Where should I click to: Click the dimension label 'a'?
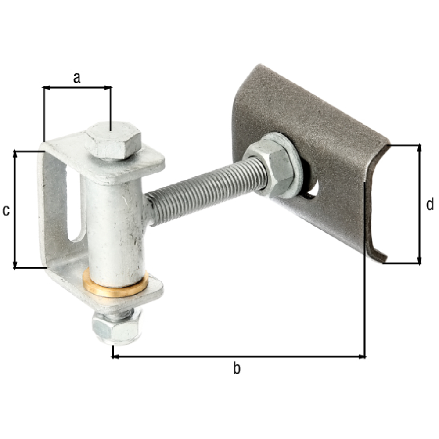click(x=77, y=78)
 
